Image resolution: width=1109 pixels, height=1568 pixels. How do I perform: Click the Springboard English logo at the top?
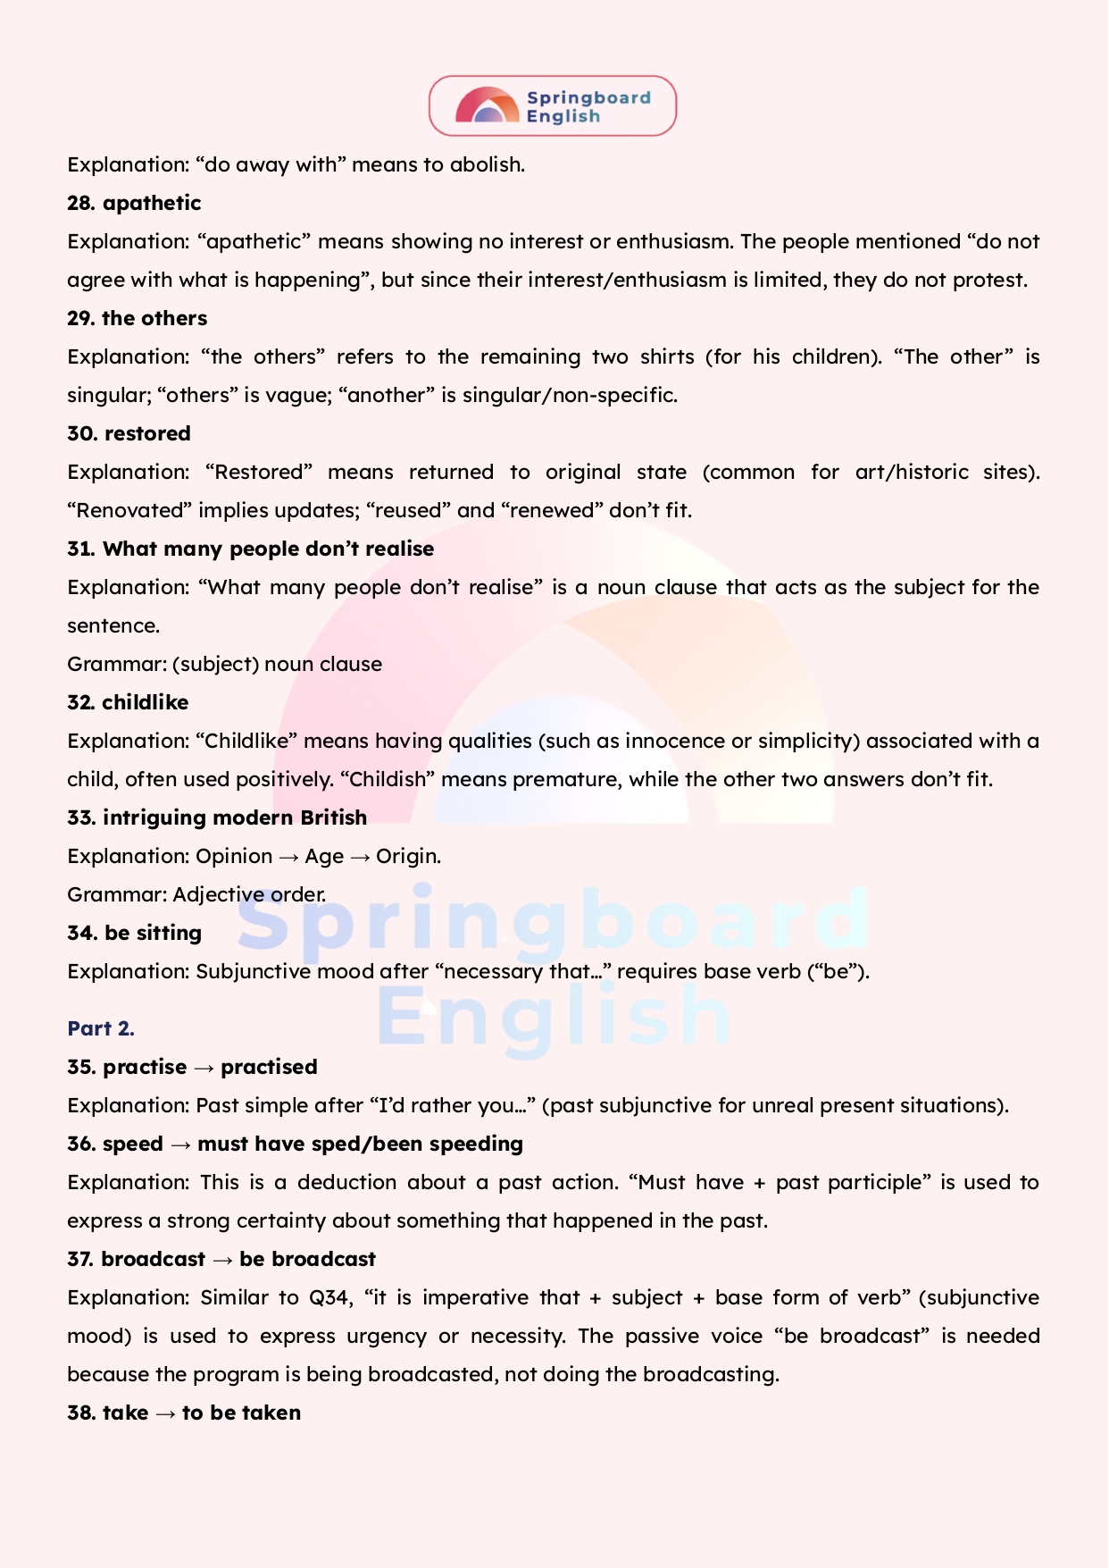[x=553, y=106]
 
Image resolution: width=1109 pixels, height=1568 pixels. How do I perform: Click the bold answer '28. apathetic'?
[x=134, y=203]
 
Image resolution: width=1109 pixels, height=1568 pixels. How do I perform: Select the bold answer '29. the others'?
[x=137, y=318]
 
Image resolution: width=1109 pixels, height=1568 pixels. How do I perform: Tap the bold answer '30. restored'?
[x=129, y=433]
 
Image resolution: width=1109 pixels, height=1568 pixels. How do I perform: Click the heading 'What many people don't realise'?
[x=268, y=549]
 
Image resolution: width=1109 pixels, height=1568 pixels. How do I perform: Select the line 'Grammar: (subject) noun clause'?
[x=224, y=664]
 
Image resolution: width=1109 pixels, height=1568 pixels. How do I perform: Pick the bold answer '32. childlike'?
[x=128, y=702]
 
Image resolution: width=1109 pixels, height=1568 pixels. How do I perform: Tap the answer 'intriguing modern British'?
[x=235, y=818]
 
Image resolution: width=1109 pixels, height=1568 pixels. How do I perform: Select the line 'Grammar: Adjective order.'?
[x=196, y=894]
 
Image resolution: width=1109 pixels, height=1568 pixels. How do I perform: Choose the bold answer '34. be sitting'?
[x=134, y=933]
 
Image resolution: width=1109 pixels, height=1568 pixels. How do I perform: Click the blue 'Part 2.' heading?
[x=101, y=1028]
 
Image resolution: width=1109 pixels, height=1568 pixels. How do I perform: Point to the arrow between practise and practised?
[x=204, y=1068]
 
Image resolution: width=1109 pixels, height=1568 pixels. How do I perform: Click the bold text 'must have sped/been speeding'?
[x=360, y=1144]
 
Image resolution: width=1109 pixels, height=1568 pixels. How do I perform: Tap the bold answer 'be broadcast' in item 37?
[x=307, y=1259]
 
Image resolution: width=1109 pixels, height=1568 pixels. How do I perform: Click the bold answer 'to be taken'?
[x=241, y=1413]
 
